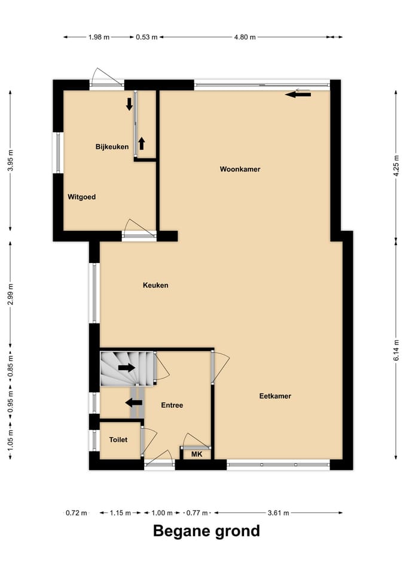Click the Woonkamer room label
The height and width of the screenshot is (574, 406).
240,169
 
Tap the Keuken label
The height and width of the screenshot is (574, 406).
155,285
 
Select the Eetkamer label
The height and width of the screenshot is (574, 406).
275,396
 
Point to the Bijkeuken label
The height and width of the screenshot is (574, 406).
112,147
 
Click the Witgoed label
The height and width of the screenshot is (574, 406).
82,197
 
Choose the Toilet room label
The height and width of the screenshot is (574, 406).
118,439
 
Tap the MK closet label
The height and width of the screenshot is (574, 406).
197,454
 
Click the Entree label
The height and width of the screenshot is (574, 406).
172,405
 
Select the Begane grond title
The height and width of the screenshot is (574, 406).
206,531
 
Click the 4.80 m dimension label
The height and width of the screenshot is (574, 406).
245,37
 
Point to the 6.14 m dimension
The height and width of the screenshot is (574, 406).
396,351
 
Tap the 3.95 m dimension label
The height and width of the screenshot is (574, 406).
11,161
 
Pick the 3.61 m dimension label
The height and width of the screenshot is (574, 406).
278,513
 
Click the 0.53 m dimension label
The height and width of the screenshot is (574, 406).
146,37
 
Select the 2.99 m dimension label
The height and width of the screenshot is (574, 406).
11,294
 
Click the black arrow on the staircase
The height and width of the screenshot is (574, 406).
127,368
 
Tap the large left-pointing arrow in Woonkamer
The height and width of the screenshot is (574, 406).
298,95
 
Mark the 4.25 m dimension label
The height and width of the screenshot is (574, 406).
396,166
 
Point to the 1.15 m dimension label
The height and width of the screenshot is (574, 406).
120,513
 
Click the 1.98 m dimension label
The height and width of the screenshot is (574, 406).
99,37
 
